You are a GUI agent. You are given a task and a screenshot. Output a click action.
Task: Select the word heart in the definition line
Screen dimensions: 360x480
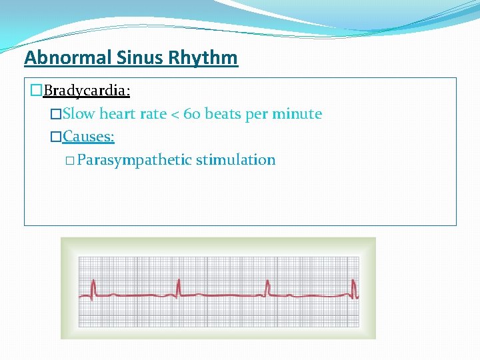pos(119,114)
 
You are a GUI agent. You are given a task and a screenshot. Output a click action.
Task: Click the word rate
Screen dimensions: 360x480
pos(153,114)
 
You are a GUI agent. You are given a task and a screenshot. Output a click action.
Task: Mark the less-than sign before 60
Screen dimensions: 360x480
pos(176,115)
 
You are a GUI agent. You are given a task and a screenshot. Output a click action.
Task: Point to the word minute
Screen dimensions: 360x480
pos(297,114)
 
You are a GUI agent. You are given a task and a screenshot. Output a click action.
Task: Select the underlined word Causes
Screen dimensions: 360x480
pos(89,137)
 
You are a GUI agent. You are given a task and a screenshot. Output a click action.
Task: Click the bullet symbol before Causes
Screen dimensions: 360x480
pos(56,137)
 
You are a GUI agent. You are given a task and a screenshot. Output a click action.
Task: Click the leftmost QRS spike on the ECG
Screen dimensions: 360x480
pos(93,287)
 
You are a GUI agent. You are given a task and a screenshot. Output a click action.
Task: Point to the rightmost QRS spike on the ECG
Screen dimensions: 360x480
pos(355,287)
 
